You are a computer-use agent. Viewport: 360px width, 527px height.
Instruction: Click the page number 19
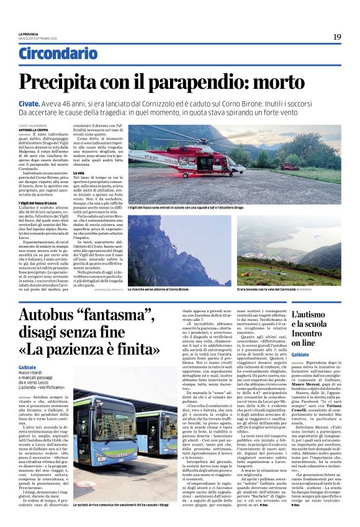[336, 37]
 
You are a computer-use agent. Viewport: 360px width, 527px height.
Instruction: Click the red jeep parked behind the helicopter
[287, 166]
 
